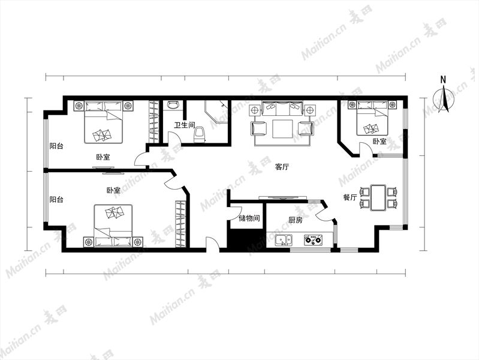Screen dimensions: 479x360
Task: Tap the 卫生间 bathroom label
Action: pyautogui.click(x=185, y=125)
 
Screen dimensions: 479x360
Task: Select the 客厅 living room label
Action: pyautogui.click(x=282, y=167)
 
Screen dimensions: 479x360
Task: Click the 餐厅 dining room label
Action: pyautogui.click(x=350, y=197)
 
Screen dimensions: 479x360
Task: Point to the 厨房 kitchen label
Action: pyautogui.click(x=296, y=220)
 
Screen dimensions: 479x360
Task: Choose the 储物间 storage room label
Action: pyautogui.click(x=249, y=218)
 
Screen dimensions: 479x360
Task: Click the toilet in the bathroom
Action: pyautogui.click(x=200, y=135)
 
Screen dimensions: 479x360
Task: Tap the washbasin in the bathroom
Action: pyautogui.click(x=173, y=105)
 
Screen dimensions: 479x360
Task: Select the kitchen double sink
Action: pyautogui.click(x=284, y=240)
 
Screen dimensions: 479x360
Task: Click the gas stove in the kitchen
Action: pyautogui.click(x=313, y=240)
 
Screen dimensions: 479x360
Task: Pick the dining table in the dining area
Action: pyautogui.click(x=378, y=197)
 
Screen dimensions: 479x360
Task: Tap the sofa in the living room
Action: pyautogui.click(x=282, y=108)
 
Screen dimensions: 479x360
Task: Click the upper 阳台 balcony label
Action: pyautogui.click(x=56, y=146)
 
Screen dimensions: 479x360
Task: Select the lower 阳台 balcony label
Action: pyautogui.click(x=56, y=200)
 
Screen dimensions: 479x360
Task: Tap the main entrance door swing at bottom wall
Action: pyautogui.click(x=213, y=244)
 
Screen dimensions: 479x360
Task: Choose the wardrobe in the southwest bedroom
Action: pyautogui.click(x=180, y=224)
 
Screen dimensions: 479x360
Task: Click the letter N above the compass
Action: pyautogui.click(x=443, y=80)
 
